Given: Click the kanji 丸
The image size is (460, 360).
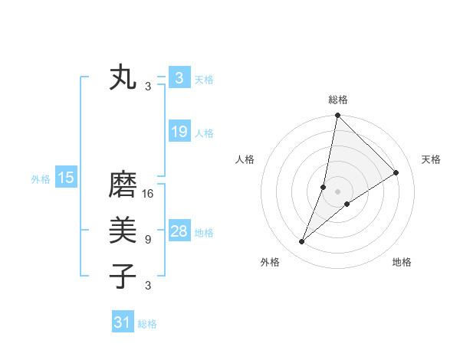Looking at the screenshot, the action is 123,78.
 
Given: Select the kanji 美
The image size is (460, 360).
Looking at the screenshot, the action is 123,229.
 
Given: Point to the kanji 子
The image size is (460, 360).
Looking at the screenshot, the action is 123,275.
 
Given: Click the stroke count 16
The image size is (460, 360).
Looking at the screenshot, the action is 148,194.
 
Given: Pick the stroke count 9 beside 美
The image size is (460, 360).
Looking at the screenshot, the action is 148,239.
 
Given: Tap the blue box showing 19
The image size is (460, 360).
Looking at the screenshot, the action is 179,132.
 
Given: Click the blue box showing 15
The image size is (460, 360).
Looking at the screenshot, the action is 65,178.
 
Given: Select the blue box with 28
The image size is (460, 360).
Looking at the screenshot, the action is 179,231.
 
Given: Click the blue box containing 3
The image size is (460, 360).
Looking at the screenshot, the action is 179,77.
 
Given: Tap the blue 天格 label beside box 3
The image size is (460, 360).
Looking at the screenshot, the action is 204,79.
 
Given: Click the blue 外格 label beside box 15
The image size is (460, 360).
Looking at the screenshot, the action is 41,179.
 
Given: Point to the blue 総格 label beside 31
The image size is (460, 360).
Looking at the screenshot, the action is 147,324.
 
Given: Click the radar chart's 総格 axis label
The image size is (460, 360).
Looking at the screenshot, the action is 338,100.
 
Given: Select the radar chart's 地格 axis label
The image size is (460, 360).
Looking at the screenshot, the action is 402,262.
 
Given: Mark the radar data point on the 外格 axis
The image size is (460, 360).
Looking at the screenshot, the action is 302,242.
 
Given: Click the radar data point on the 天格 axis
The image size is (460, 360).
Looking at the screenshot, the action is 396,172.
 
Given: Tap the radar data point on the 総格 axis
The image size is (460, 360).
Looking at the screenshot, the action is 337,116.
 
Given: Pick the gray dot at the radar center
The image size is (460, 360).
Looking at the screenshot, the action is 337,191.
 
